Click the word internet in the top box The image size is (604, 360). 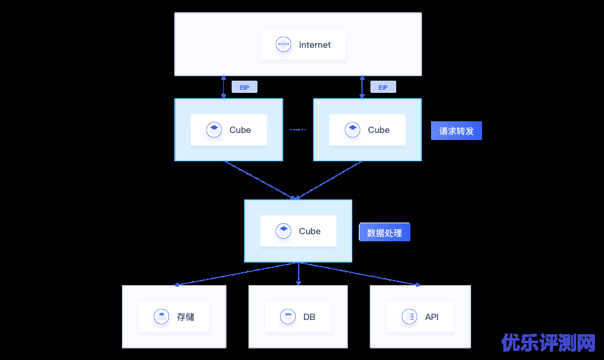pos(315,45)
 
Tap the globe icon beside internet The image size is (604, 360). pos(283,45)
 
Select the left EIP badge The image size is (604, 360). pos(245,87)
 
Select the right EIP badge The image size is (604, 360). pos(383,87)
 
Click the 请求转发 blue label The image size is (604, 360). pos(456,131)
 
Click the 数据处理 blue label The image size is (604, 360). pos(384,232)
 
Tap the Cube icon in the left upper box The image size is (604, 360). pos(214,130)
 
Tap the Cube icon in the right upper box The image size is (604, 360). pos(352,130)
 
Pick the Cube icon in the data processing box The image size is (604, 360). pos(283,231)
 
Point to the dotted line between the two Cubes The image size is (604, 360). pos(297,130)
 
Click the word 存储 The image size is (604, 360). pos(185,317)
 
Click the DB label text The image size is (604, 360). pos(309,317)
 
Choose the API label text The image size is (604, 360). pos(432,317)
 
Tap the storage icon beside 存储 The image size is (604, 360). pos(161,317)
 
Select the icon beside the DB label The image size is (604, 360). pos(287,317)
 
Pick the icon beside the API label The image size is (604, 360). pos(408,317)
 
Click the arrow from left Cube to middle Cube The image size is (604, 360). pos(259,180)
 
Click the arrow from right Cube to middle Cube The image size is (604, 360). pos(329,180)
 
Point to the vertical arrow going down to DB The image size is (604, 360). pos(298,274)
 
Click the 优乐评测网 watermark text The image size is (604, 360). pos(549,342)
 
